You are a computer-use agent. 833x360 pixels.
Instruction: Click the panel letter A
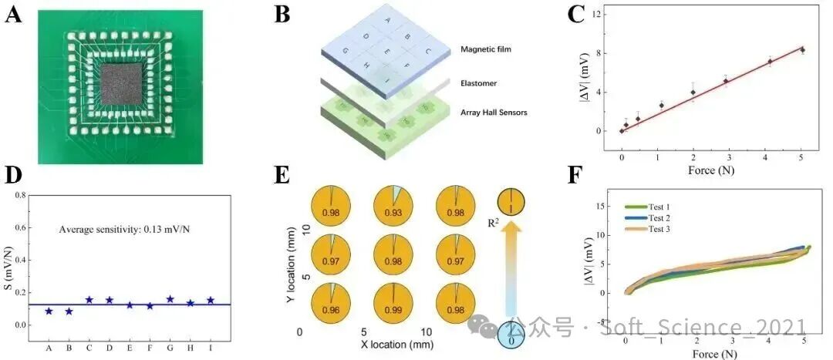(x=12, y=15)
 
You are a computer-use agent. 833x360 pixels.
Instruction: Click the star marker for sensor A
(x=49, y=311)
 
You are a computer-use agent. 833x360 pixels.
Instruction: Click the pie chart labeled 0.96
(x=330, y=302)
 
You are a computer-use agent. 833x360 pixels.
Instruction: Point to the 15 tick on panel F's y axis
(x=596, y=206)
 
